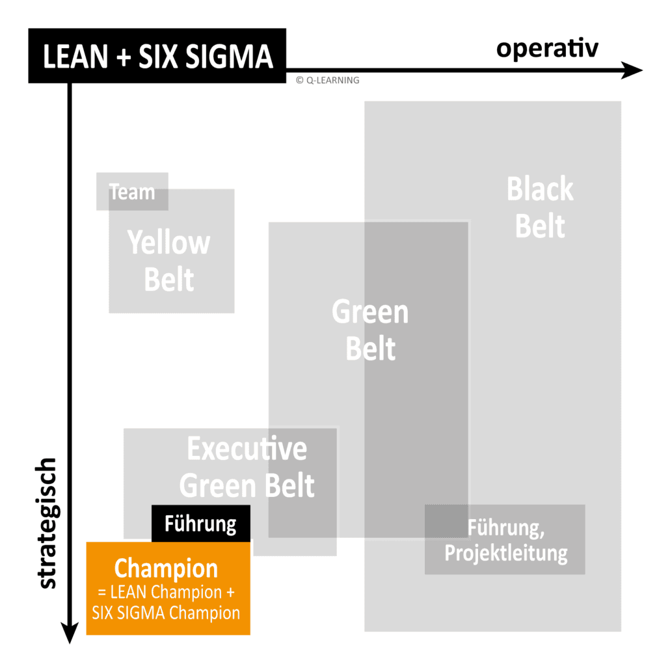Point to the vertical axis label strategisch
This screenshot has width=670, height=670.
(47, 524)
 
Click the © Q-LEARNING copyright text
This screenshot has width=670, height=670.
(327, 80)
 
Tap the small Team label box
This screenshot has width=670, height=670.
(132, 192)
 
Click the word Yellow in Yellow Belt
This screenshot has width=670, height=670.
(169, 243)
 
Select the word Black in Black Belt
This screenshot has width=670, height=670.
(540, 189)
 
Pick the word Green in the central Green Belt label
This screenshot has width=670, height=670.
(370, 312)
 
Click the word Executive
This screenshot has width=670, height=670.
(247, 449)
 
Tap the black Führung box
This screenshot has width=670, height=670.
(200, 524)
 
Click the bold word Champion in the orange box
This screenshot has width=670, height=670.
(166, 568)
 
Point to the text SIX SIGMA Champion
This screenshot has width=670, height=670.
(166, 612)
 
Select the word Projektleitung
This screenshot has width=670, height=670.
(505, 554)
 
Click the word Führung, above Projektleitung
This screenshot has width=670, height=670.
(505, 528)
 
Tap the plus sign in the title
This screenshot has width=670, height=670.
(121, 57)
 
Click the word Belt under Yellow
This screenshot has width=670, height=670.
(169, 280)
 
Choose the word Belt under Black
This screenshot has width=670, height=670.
(540, 227)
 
